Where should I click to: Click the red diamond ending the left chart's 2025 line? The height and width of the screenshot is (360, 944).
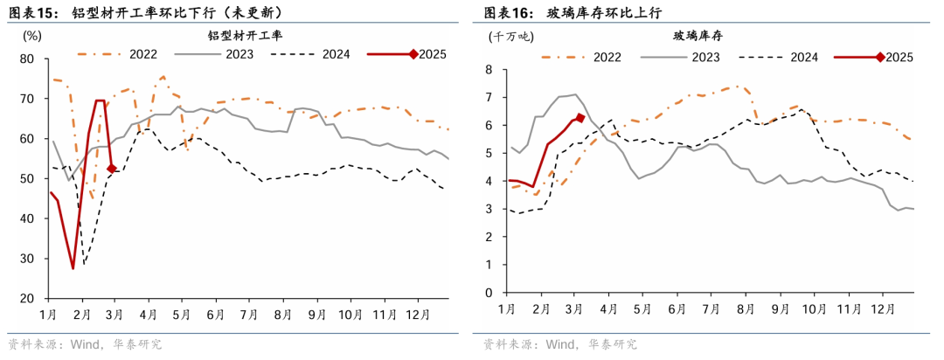112,169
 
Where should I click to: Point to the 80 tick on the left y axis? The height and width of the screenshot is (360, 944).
26,59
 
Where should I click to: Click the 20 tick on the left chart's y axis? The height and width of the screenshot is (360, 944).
26,299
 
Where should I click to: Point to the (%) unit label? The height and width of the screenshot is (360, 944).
31,37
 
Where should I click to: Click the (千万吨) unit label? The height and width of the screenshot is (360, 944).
510,37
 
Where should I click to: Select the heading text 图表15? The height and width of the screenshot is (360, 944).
33,13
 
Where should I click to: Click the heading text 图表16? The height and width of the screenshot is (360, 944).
509,13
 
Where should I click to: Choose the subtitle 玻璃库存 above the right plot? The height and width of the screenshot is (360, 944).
697,36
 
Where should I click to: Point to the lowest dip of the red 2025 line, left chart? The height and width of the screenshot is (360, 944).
73,267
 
